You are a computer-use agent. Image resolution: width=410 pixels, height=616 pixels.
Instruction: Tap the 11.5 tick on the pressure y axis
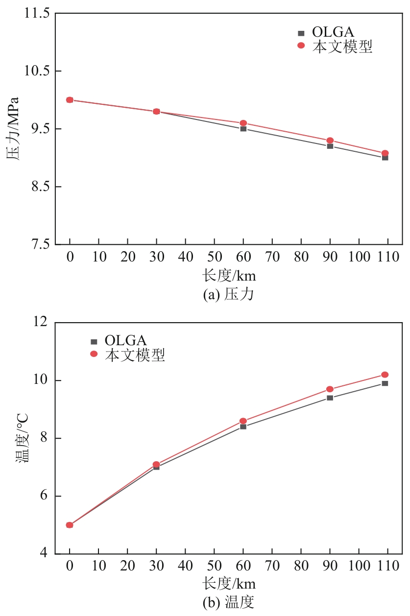pos(37,14)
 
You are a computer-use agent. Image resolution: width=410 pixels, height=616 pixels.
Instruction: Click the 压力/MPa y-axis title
pos(13,129)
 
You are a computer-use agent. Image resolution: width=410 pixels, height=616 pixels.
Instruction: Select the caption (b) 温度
pos(228,601)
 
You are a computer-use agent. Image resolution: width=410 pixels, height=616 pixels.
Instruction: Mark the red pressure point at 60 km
pos(243,123)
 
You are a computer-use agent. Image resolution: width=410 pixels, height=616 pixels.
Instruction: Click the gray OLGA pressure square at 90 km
pos(330,146)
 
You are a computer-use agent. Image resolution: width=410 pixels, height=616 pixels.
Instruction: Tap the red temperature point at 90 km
pos(330,389)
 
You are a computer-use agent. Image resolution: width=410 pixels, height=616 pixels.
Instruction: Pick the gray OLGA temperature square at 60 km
pos(243,426)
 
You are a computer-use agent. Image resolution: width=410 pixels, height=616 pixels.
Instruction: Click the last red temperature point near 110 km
pos(385,375)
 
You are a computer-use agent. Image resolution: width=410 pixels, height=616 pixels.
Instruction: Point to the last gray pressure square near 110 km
pos(385,158)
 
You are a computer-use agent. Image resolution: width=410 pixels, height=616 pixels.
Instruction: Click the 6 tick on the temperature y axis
pos(46,496)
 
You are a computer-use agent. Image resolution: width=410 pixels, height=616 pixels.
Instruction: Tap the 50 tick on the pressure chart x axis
pos(214,258)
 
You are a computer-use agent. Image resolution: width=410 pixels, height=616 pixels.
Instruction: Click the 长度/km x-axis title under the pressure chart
pos(229,276)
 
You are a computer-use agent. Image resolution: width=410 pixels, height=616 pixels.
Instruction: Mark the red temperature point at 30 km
pos(156,464)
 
